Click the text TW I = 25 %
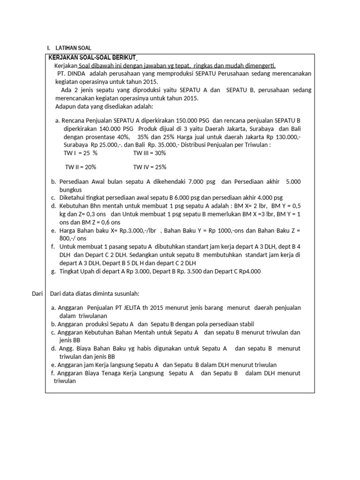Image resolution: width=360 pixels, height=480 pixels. click(80, 153)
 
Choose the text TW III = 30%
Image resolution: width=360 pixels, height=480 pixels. click(150, 153)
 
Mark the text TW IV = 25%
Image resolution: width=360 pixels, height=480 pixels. click(150, 167)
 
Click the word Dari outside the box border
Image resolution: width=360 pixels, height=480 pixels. click(36, 293)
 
